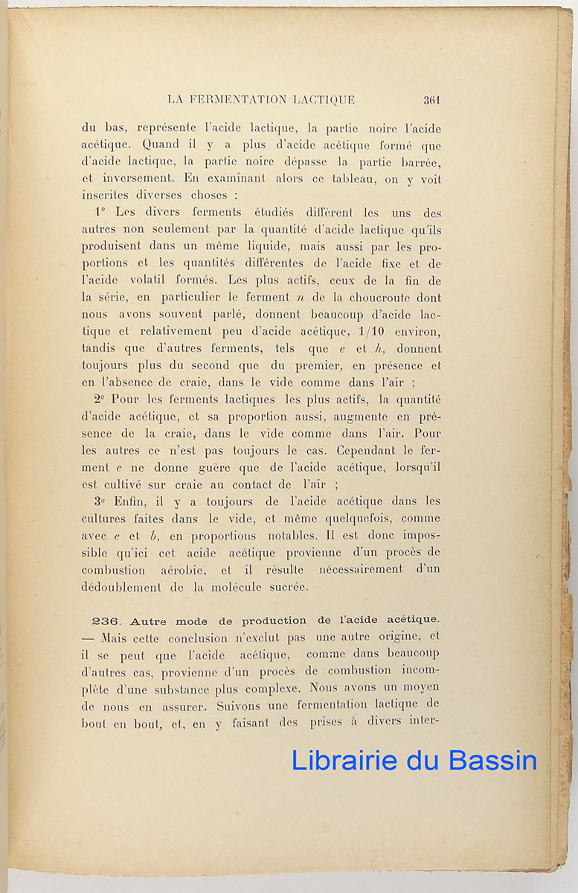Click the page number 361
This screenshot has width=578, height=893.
(432, 99)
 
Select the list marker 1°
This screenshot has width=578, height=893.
(101, 213)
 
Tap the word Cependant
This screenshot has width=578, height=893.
(372, 450)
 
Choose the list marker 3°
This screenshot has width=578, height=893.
(100, 502)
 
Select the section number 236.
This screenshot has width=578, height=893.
(106, 621)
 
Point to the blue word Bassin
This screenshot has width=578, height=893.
(494, 761)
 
